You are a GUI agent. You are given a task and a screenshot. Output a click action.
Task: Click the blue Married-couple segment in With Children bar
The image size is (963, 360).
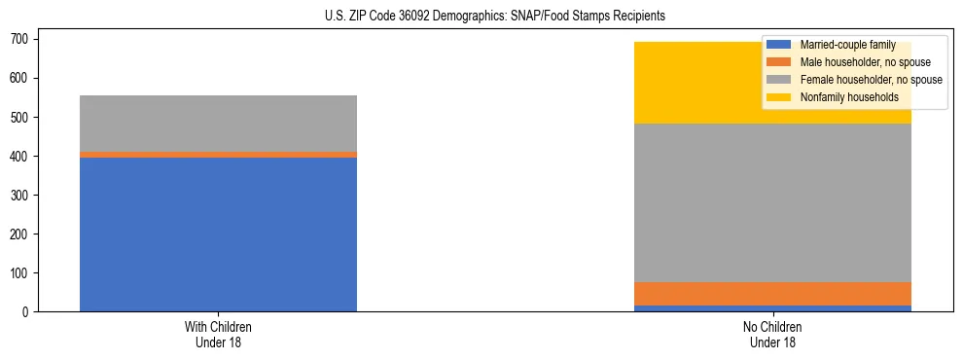218,234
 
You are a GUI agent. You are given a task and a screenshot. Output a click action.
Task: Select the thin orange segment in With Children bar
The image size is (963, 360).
218,155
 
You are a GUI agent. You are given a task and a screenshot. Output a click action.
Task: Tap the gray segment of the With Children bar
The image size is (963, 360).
218,124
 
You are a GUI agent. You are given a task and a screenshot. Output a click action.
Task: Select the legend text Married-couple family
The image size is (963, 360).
847,45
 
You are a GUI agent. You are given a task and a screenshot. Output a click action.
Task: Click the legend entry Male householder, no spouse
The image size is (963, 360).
865,62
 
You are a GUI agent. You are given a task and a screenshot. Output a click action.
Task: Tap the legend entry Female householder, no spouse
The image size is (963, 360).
871,80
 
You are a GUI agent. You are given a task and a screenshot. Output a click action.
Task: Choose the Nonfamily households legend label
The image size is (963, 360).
849,97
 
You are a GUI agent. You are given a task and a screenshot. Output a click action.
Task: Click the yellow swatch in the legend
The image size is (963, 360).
779,97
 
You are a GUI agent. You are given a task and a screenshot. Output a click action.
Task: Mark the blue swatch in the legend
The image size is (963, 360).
779,45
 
